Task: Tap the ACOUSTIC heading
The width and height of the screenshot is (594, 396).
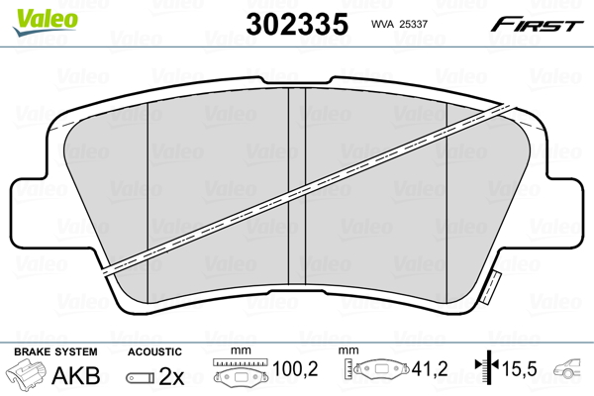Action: tap(154, 351)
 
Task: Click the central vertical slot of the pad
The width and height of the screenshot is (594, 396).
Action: tap(297, 188)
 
